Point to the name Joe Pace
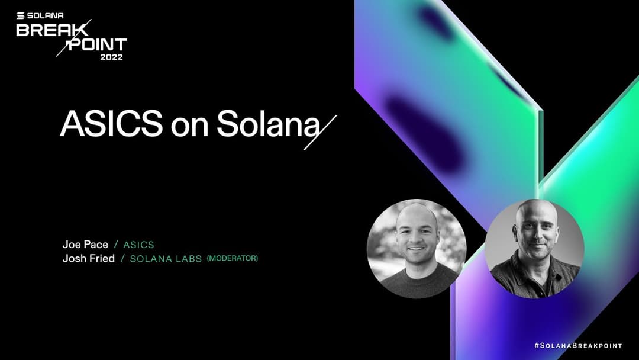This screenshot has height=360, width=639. [x=85, y=244]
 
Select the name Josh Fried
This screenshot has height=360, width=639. [x=88, y=258]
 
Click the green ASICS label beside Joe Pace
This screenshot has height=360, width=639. [x=138, y=245]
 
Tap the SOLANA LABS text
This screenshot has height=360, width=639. [x=166, y=259]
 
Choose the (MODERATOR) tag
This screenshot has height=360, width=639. [x=233, y=258]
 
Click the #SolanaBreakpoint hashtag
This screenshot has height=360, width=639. [x=577, y=345]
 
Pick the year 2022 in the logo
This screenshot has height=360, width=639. [x=112, y=57]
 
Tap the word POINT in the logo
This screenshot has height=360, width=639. [x=97, y=45]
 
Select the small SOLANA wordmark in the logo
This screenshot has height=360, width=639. [x=46, y=16]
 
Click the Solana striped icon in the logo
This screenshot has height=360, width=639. [x=21, y=16]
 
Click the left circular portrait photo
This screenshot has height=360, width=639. [x=417, y=247]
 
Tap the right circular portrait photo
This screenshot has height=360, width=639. [x=534, y=248]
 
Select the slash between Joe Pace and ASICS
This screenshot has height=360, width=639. [x=116, y=245]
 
